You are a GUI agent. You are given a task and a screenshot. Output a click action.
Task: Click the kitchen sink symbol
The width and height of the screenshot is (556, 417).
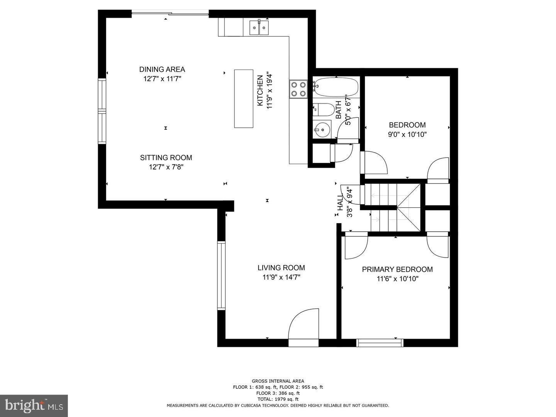pyautogui.click(x=259, y=27)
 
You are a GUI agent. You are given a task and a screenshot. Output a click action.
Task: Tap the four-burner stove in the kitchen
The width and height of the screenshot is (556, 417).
pyautogui.click(x=298, y=89)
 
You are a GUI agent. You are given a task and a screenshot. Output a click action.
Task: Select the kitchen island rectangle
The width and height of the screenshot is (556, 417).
pyautogui.click(x=244, y=98)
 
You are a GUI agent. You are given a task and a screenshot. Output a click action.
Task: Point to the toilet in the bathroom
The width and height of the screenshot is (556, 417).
pyautogui.click(x=324, y=110)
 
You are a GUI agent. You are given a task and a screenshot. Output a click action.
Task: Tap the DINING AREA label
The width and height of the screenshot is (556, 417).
pyautogui.click(x=162, y=69)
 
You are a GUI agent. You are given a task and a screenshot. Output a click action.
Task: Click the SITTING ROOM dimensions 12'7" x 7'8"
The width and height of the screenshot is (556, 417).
pyautogui.click(x=166, y=167)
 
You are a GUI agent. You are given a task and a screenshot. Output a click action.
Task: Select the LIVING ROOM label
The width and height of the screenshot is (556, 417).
pyautogui.click(x=281, y=268)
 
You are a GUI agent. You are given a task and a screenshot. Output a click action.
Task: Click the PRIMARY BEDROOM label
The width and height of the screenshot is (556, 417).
pyautogui.click(x=397, y=270)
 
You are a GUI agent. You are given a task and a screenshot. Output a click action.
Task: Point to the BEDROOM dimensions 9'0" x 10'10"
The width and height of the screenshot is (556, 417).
pyautogui.click(x=407, y=135)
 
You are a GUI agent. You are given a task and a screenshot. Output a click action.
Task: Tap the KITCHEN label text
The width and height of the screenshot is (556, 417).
pyautogui.click(x=261, y=91)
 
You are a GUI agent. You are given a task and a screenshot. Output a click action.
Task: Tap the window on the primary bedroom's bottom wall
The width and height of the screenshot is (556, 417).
pyautogui.click(x=380, y=342)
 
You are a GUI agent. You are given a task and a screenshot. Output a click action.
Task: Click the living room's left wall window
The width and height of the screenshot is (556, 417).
pyautogui.click(x=221, y=275)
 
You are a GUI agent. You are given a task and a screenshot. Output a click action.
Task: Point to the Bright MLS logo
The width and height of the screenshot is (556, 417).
pyautogui.click(x=34, y=406)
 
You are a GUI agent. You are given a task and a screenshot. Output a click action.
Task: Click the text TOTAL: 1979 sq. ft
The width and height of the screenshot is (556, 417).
pyautogui.click(x=278, y=399)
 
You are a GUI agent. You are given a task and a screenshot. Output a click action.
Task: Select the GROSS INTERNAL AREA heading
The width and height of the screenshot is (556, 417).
pyautogui.click(x=278, y=381)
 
